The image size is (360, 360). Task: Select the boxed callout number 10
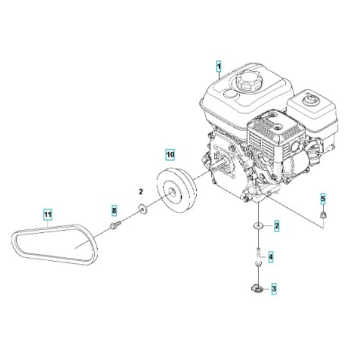169,155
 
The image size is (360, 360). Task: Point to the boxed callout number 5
323,198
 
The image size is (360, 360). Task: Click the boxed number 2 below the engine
276,226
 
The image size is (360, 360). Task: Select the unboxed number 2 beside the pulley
141,192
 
